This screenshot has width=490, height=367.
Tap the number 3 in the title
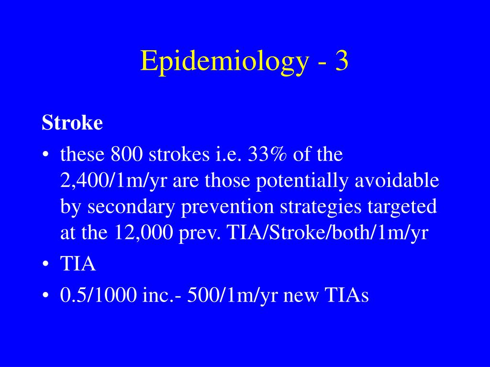341,61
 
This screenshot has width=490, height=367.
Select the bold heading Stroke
72,123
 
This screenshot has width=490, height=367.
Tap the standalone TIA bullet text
78,264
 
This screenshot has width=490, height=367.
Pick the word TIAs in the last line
348,295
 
